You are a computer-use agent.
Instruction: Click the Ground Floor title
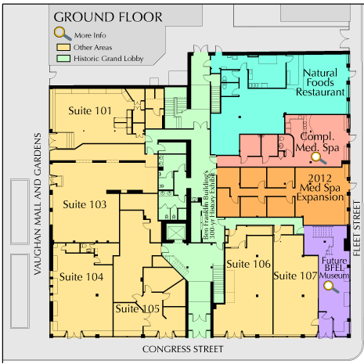[108, 17]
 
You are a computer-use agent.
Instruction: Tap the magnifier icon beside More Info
[63, 34]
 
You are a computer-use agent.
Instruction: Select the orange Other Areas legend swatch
[63, 47]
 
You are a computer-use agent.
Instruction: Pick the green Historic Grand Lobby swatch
[63, 59]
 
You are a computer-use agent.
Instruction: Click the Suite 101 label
[90, 110]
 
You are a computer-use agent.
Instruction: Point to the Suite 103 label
[85, 204]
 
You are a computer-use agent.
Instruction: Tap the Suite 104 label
[81, 277]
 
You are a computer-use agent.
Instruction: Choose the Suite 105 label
[137, 308]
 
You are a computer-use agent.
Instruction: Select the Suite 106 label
[248, 264]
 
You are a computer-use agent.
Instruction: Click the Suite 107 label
[295, 276]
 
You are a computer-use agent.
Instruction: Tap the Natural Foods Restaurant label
[320, 82]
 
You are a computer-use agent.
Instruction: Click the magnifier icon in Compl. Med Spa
[318, 158]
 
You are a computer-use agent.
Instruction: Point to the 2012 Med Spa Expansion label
[320, 188]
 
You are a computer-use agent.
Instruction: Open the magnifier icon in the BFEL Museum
[330, 287]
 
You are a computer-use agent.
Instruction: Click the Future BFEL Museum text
[334, 268]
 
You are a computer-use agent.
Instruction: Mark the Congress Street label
[182, 349]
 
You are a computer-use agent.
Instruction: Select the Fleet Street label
[356, 229]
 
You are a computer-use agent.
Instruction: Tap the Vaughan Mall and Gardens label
[38, 204]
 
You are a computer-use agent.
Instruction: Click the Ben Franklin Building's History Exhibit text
[210, 205]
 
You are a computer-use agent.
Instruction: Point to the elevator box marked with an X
[176, 232]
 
